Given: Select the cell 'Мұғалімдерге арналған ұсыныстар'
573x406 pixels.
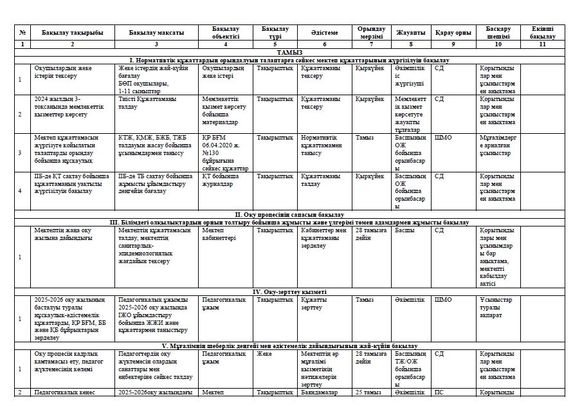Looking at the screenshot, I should tap(497, 145).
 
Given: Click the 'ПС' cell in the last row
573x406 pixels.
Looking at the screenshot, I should tap(440, 392).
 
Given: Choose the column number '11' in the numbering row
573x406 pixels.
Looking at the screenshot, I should tap(541, 44).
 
